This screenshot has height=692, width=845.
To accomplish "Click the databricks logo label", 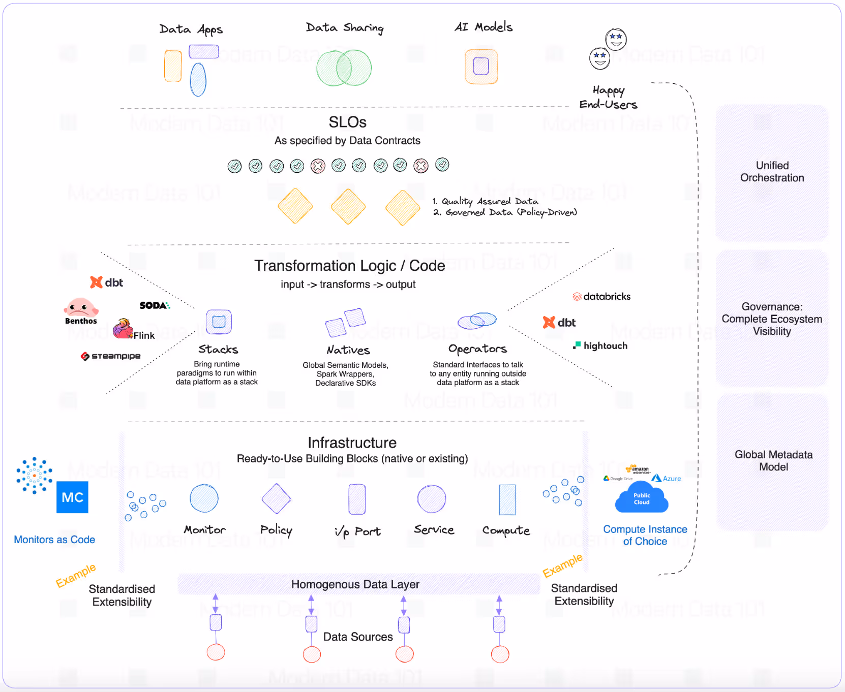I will pos(602,296).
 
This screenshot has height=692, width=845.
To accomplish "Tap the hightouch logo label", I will pos(600,345).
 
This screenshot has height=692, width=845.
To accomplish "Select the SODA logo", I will pos(155,305).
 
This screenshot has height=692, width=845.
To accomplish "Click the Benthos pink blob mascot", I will pos(80,307).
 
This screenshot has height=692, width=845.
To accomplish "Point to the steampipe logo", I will pos(111,356).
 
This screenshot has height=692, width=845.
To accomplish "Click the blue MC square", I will pos(72,497).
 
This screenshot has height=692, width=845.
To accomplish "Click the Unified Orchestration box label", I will pos(772,172).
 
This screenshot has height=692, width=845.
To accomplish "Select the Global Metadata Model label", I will pos(773,460).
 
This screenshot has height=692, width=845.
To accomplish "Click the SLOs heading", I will pos(347,122).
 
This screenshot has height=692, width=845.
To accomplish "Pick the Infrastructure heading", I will pos(352,443).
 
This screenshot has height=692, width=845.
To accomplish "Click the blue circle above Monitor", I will pos(204,498).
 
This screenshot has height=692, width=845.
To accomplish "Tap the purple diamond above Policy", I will pos(276,498).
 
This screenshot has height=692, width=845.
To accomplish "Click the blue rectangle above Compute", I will pos(507,499).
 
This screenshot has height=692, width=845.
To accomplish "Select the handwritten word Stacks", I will pos(218,349).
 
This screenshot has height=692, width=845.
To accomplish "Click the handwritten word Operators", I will pos(477,349).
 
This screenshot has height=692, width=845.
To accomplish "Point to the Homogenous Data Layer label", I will pos(355,584).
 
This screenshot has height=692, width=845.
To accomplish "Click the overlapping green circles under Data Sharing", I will pos(344,68).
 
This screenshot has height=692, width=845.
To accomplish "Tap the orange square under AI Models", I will pos(481,66).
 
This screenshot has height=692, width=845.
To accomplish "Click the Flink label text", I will pos(144,335).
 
